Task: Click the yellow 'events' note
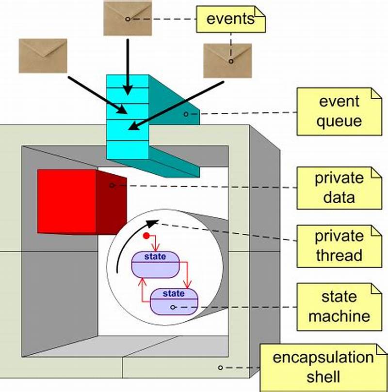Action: (230, 19)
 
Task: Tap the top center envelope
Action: (127, 18)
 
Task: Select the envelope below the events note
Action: (226, 60)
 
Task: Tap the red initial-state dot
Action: (146, 236)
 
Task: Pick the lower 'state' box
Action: (174, 301)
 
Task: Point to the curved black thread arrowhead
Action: (152, 223)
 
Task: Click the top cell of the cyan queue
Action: (127, 81)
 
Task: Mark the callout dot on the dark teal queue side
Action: (186, 114)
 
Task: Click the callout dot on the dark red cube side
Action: (112, 185)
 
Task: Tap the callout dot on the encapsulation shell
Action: (220, 368)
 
